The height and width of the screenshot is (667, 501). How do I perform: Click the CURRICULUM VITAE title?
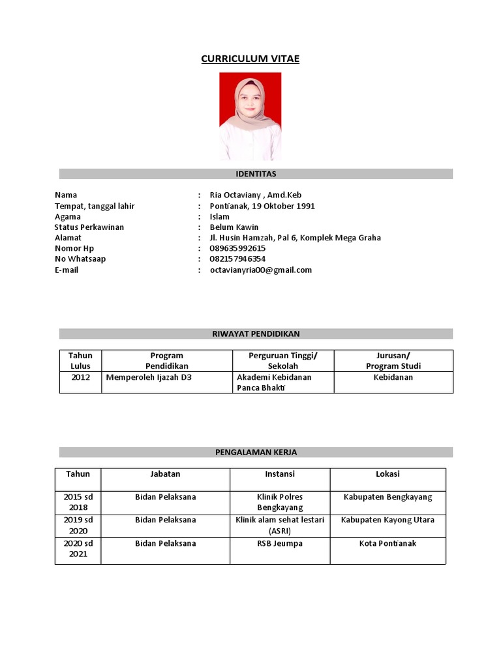[250, 59]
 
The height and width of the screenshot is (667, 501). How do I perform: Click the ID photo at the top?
[250, 116]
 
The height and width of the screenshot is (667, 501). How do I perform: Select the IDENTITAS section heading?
[256, 174]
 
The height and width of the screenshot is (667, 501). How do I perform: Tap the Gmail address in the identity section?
[260, 270]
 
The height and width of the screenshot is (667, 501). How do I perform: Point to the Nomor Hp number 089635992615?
[237, 248]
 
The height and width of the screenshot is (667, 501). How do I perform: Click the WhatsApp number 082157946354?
[237, 259]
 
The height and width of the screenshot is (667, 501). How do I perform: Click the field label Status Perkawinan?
[89, 227]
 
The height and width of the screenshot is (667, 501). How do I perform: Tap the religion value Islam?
[220, 217]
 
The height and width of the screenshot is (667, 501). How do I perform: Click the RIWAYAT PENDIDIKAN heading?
[256, 333]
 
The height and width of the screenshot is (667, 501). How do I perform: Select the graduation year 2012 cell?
[81, 377]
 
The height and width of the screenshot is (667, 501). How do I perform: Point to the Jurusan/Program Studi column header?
[393, 360]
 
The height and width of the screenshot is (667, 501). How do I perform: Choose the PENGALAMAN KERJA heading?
[256, 451]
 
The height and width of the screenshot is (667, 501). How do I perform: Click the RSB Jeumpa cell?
[279, 543]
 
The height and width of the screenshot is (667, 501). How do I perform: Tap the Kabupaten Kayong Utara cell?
[387, 520]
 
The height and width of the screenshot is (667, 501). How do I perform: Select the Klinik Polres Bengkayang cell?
[279, 502]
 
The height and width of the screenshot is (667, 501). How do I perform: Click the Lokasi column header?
[387, 474]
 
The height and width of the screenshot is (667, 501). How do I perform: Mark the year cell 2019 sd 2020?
[78, 525]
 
